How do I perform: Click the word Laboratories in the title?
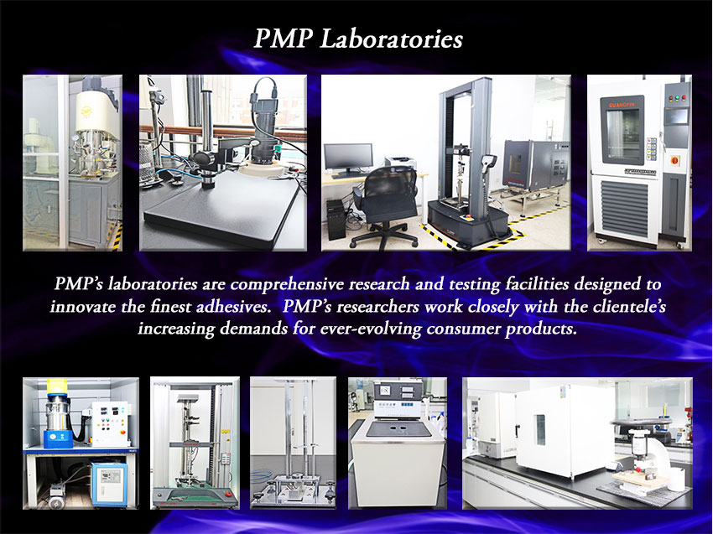[392, 39]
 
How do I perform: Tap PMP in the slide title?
[283, 38]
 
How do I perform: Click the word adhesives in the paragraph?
[233, 306]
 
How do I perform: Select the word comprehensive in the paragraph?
[287, 284]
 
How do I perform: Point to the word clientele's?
[629, 306]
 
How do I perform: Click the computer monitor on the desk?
[348, 158]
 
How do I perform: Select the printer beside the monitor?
[400, 163]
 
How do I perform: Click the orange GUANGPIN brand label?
[622, 105]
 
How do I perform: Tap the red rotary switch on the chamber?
[674, 159]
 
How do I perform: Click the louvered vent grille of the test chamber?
[624, 208]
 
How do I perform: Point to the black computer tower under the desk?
[336, 220]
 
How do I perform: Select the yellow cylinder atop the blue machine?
[57, 386]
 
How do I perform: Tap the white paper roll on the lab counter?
[676, 479]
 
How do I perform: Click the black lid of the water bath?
[398, 429]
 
